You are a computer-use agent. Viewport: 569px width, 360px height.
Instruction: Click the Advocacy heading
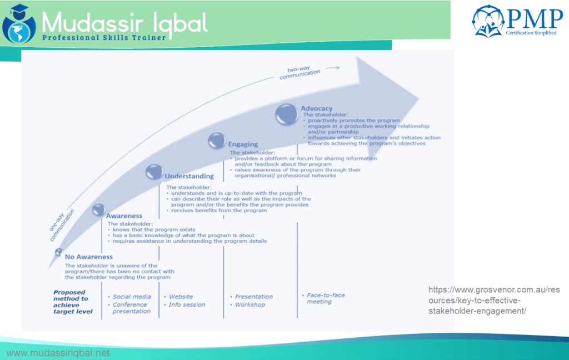click(316, 108)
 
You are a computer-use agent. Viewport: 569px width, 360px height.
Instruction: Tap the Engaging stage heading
click(243, 144)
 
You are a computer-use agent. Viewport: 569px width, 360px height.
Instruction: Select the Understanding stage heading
click(189, 176)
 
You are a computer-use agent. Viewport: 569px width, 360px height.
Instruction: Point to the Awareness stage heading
click(124, 216)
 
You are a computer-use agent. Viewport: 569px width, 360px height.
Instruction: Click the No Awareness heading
click(88, 257)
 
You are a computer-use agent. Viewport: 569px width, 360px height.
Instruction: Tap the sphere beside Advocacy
click(287, 114)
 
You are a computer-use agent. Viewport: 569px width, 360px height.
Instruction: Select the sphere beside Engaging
click(217, 141)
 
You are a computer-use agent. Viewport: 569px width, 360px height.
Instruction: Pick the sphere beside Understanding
click(154, 172)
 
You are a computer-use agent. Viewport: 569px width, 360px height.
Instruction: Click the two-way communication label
click(300, 73)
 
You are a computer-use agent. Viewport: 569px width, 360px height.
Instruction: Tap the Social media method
click(132, 297)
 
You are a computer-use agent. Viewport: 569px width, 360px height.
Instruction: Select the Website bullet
click(181, 297)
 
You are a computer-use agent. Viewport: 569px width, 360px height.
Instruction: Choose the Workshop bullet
click(249, 304)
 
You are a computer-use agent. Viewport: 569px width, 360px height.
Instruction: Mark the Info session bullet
click(187, 304)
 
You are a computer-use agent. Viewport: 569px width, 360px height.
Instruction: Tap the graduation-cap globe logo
click(18, 24)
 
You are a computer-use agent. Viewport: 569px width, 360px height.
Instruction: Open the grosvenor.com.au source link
click(477, 300)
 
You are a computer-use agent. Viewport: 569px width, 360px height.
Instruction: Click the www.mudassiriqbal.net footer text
click(58, 353)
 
